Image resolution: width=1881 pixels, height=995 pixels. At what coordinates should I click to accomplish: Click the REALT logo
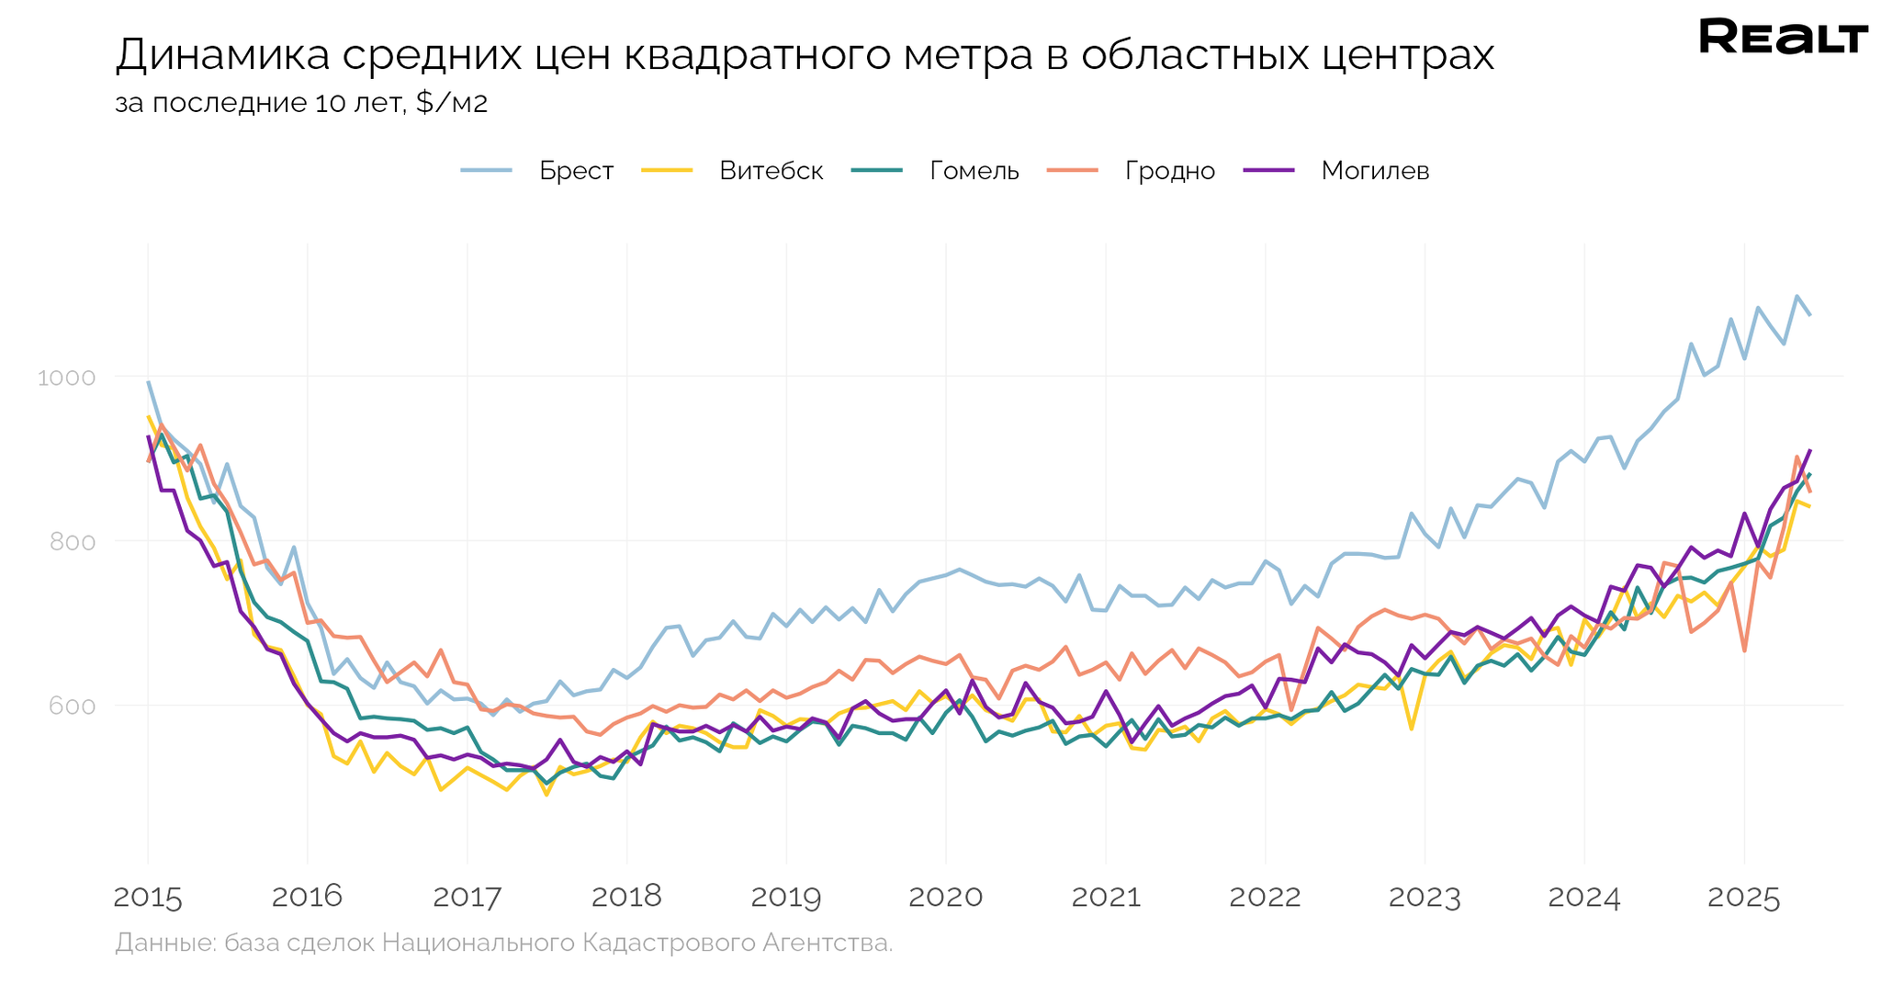click(1783, 38)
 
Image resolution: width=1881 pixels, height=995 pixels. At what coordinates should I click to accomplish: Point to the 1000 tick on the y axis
click(66, 378)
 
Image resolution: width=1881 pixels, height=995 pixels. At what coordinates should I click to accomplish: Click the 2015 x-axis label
click(148, 898)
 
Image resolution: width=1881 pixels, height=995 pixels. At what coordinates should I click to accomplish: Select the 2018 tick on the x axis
click(626, 898)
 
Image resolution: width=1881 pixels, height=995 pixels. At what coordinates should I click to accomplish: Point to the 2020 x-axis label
click(946, 898)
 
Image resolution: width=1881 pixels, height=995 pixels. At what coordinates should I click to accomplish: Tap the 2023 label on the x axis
click(1425, 898)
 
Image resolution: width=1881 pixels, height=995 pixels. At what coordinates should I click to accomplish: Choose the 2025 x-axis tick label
click(1744, 898)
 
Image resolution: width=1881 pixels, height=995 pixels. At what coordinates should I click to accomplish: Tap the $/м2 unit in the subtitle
click(451, 103)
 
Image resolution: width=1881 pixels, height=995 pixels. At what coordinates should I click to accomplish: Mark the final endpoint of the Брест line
click(1809, 315)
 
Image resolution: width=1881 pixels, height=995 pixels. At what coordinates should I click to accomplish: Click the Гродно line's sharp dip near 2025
click(1744, 651)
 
